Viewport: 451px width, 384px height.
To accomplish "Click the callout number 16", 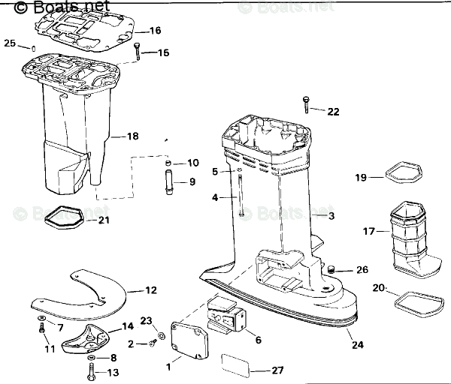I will click(x=155, y=31).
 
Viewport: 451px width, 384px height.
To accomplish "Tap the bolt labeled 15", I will click(x=138, y=52).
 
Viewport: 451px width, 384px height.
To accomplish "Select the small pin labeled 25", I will click(x=34, y=49).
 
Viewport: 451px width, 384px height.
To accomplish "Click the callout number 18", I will click(x=133, y=136).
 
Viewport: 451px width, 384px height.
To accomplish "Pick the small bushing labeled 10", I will click(x=169, y=163).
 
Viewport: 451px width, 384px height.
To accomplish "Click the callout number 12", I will click(x=151, y=289).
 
